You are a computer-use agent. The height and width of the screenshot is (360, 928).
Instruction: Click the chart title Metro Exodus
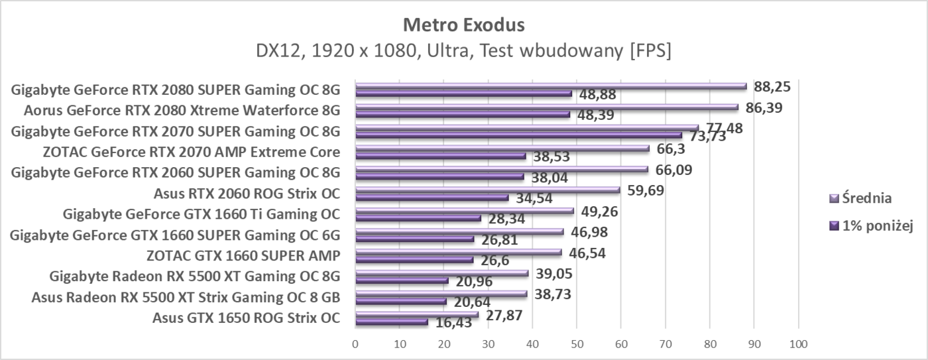click(x=463, y=25)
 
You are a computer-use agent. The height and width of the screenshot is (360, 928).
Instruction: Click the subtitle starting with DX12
click(x=463, y=51)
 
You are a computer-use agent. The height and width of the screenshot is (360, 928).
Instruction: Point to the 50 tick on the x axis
click(x=577, y=344)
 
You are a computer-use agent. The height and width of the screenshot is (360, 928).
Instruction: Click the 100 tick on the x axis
click(x=798, y=344)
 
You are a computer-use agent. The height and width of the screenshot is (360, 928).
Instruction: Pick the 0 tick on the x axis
click(x=356, y=344)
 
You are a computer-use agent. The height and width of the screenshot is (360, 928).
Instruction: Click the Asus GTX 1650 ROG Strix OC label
click(x=246, y=318)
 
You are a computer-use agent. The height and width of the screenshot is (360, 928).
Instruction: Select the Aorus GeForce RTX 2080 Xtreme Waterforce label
click(x=182, y=110)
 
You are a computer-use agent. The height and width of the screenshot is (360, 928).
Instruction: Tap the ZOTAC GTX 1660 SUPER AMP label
click(x=243, y=255)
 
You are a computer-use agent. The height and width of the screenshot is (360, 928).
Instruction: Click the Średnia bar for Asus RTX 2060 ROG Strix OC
click(x=487, y=190)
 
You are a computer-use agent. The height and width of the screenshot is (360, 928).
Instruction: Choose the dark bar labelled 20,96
click(x=402, y=280)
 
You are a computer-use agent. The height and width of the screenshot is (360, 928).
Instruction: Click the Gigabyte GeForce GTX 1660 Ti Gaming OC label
click(x=202, y=214)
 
